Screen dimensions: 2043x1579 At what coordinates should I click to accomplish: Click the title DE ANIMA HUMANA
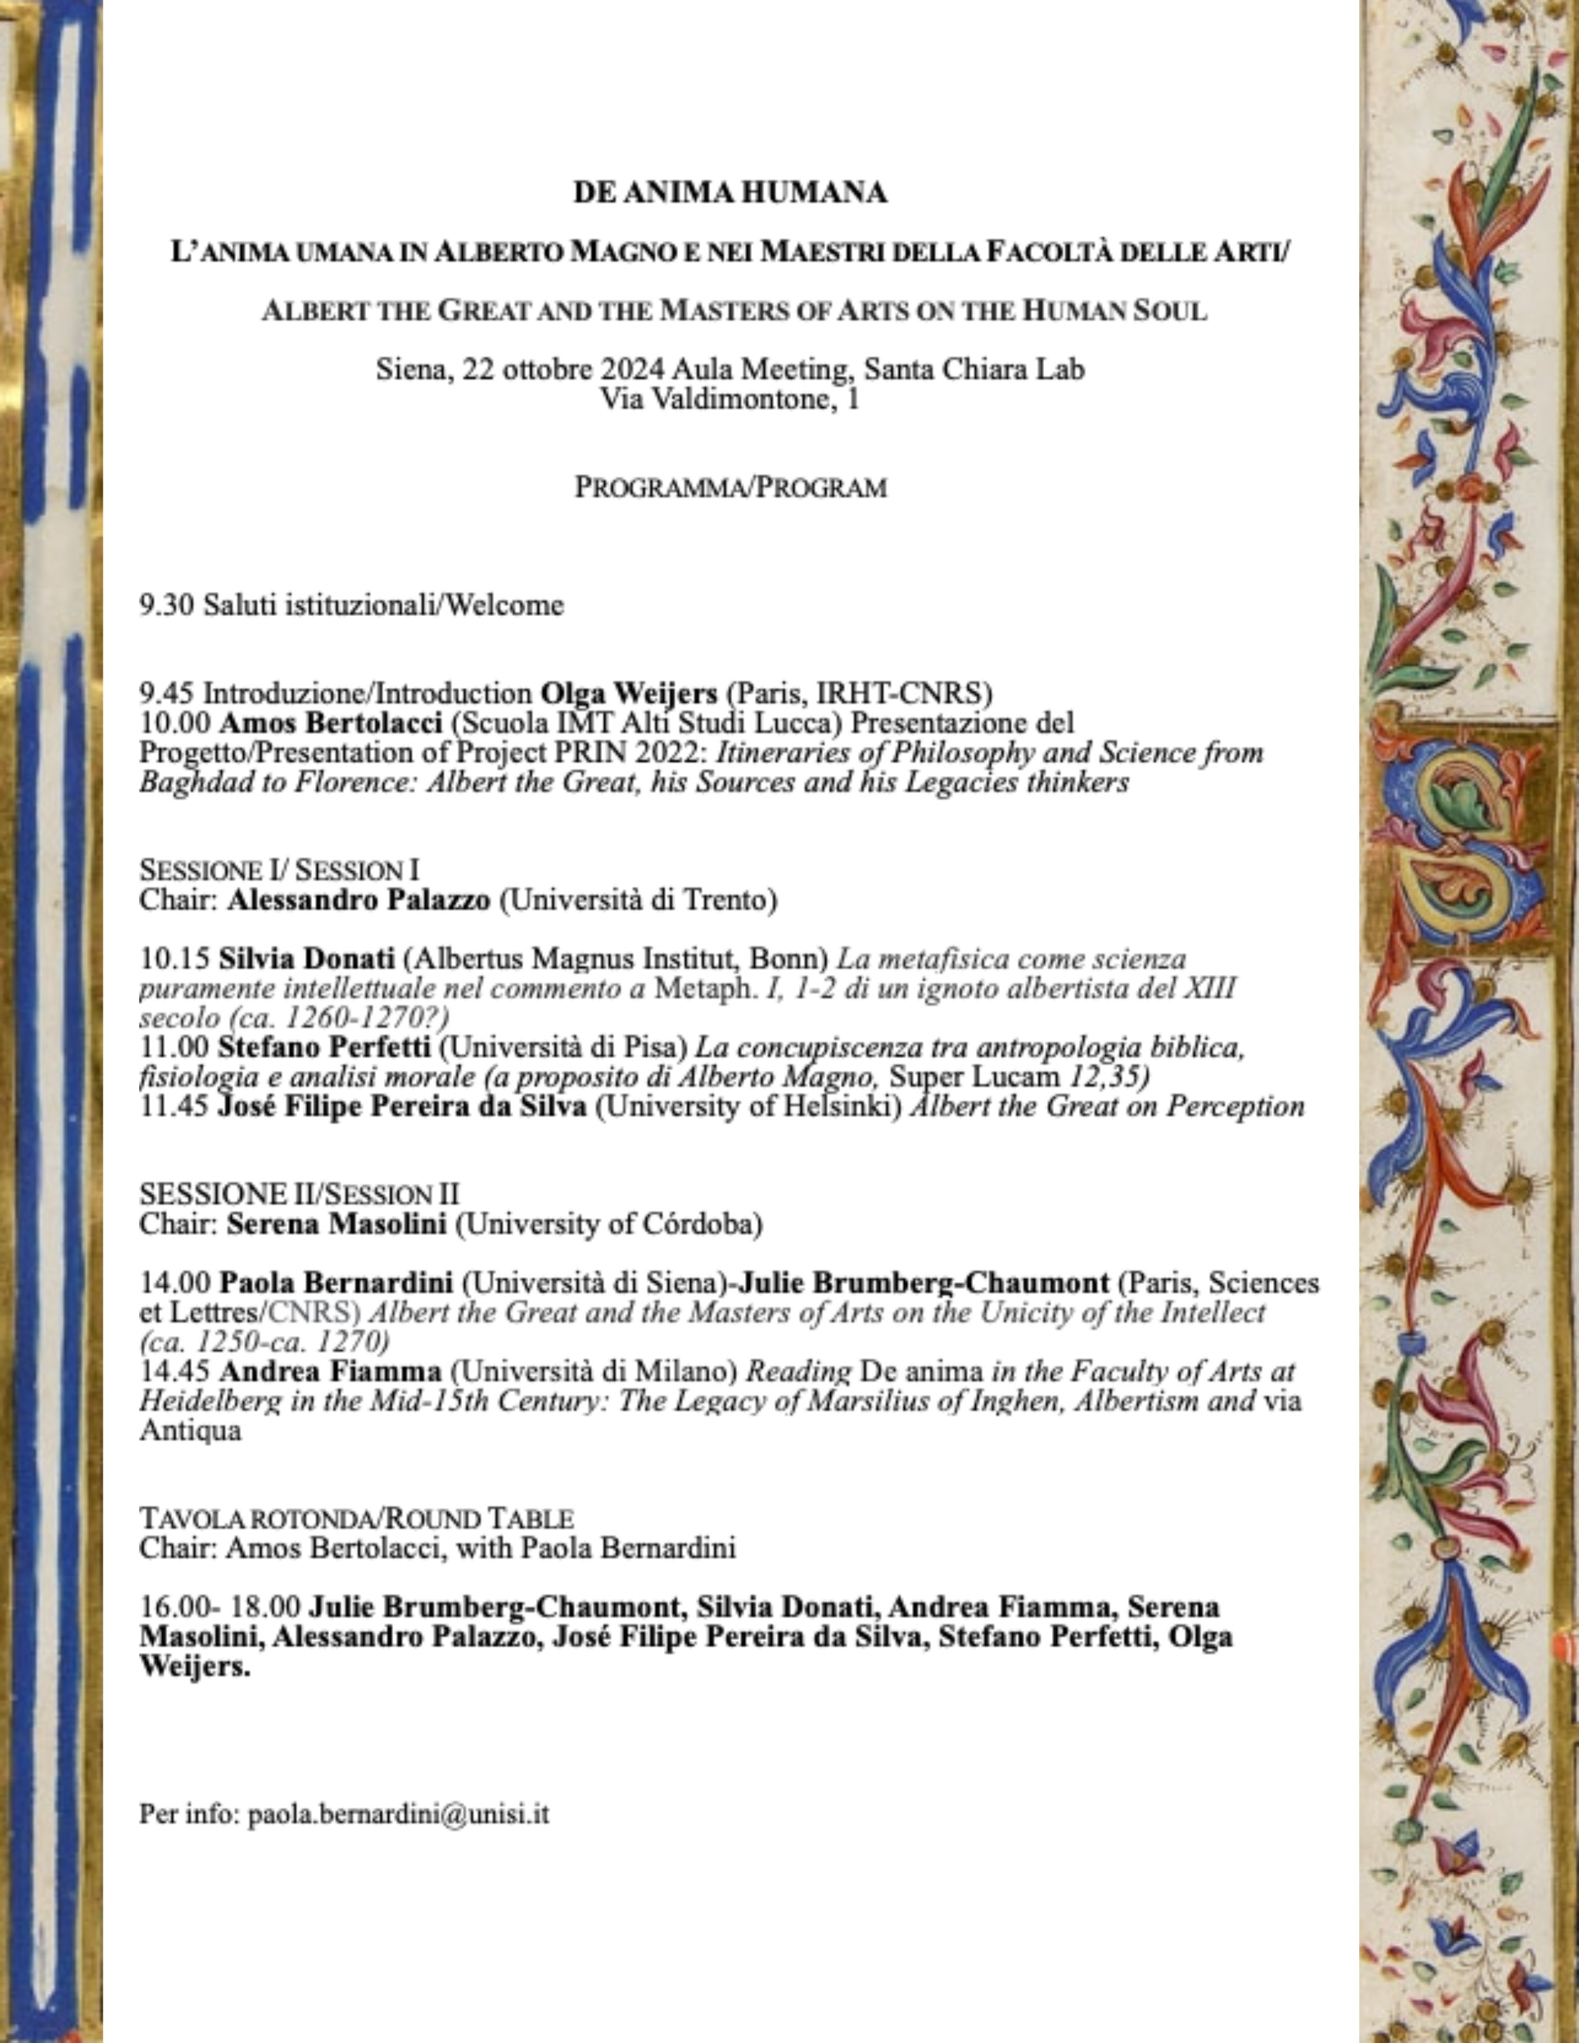(729, 193)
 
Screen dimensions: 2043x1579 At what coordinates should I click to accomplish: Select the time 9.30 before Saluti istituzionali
(167, 606)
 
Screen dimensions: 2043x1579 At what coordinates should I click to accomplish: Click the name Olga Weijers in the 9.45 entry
(629, 693)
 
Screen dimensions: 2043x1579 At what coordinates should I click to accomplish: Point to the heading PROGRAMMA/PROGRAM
(729, 487)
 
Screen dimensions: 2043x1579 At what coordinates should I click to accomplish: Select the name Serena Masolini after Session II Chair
(337, 1223)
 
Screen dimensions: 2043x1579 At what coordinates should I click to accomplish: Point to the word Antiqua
(190, 1430)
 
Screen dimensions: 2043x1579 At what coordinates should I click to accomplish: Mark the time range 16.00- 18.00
(221, 1607)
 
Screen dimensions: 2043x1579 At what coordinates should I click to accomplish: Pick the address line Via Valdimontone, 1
(729, 401)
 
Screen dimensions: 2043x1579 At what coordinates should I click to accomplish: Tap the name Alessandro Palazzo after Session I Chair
(359, 900)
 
